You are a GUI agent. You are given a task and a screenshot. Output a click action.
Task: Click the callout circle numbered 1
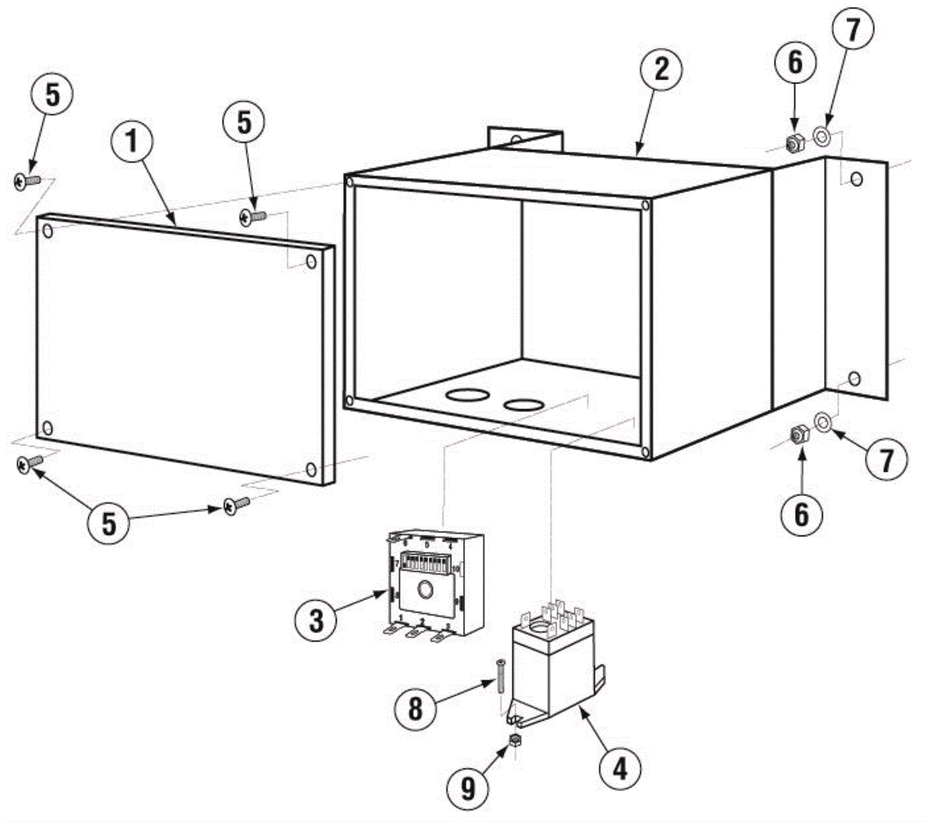point(132,141)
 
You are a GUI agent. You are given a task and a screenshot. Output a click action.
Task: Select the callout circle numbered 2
point(661,70)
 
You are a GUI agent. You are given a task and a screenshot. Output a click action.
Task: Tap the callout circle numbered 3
point(316,620)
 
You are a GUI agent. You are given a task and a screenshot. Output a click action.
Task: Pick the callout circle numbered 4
point(620,770)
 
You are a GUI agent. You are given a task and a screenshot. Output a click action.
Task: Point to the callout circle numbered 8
point(415,708)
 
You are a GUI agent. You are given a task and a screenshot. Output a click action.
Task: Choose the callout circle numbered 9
point(468,788)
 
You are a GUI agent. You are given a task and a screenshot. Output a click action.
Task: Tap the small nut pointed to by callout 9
point(514,739)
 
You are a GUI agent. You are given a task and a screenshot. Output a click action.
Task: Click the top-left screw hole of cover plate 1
point(48,232)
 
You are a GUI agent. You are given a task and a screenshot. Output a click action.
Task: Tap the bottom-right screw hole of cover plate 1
point(311,469)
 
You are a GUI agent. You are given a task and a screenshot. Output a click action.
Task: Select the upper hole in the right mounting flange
point(857,179)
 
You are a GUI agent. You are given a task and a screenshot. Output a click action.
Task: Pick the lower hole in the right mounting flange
point(854,380)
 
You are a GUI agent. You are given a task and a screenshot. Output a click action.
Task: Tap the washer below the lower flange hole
point(822,421)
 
